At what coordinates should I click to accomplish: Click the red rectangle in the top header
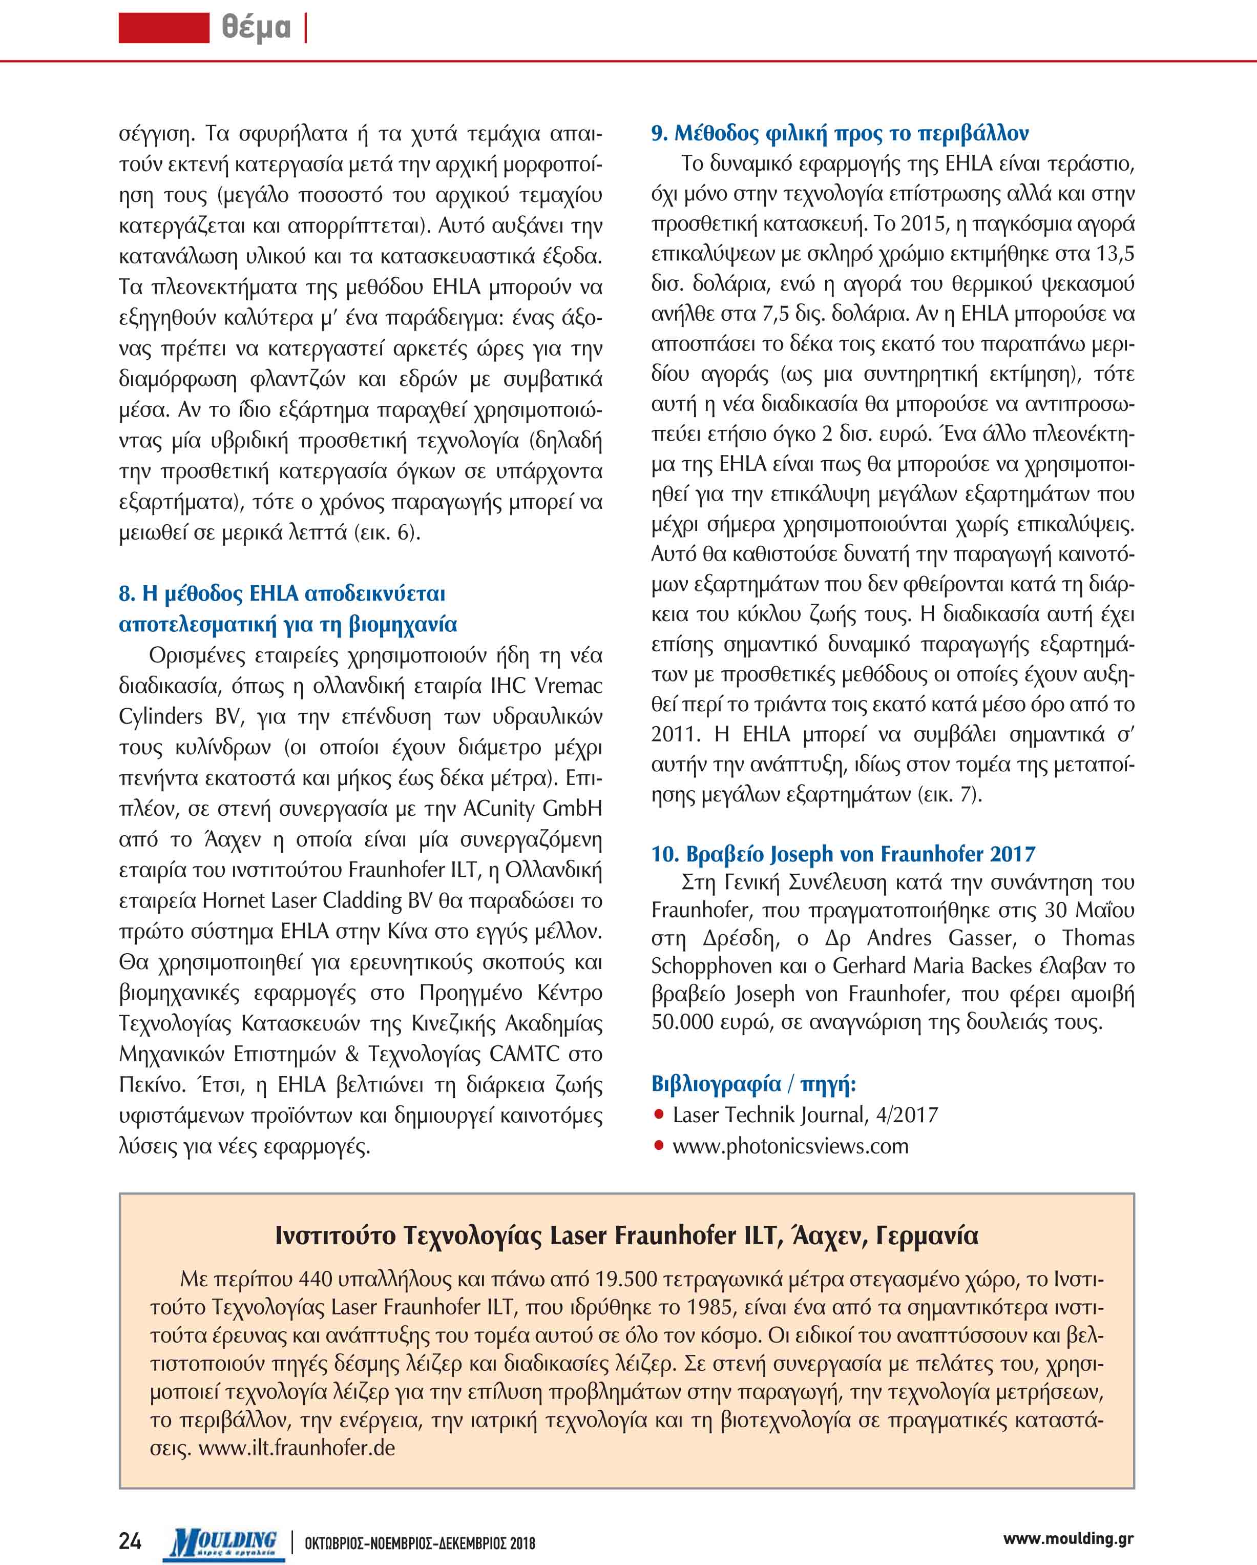coord(164,28)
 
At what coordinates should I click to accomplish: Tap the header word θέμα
coord(256,28)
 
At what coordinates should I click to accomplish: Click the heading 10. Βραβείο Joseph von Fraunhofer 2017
coord(843,854)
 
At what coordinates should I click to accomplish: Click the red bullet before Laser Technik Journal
coord(659,1114)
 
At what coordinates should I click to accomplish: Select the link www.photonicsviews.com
coord(790,1146)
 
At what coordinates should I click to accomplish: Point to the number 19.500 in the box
coord(625,1278)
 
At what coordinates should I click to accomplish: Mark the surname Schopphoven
coord(723,966)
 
